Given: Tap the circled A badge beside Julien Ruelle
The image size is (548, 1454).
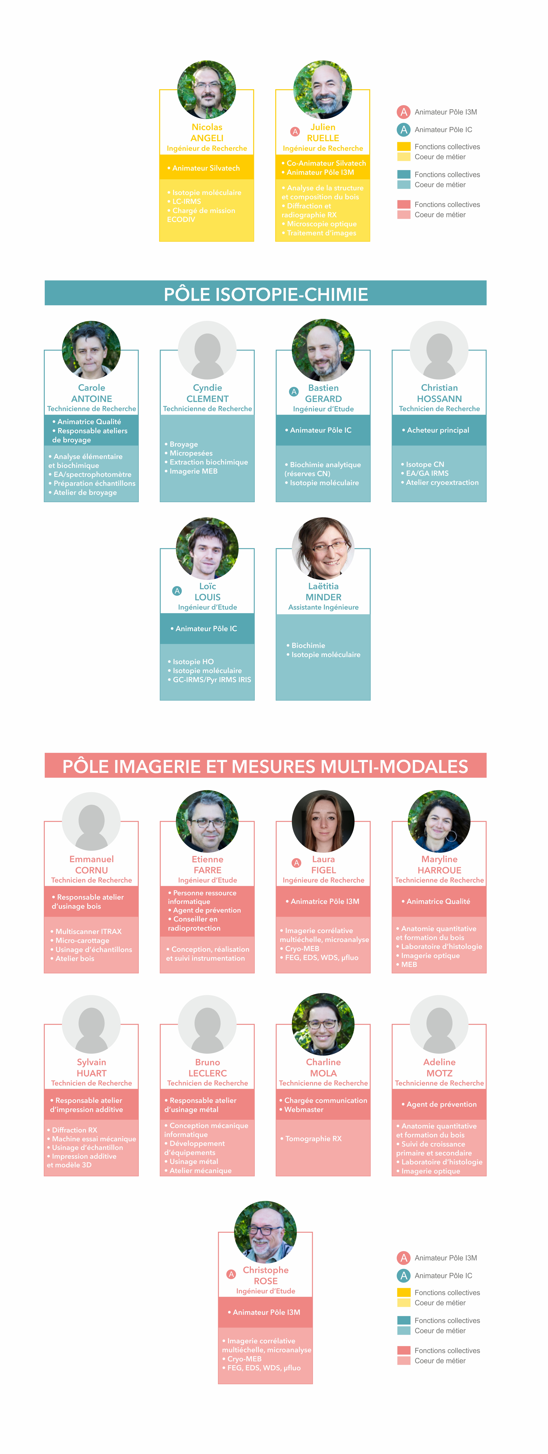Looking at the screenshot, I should coord(294,131).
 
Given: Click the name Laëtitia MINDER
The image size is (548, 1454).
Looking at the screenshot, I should coord(323,592).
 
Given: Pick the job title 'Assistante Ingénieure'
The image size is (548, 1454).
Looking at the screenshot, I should coord(323,607).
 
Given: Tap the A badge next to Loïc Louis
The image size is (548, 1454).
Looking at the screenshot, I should coord(177,591).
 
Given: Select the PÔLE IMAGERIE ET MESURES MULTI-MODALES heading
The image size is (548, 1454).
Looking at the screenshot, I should coord(266,766).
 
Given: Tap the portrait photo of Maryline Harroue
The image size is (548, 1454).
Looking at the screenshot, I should coord(439,821).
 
